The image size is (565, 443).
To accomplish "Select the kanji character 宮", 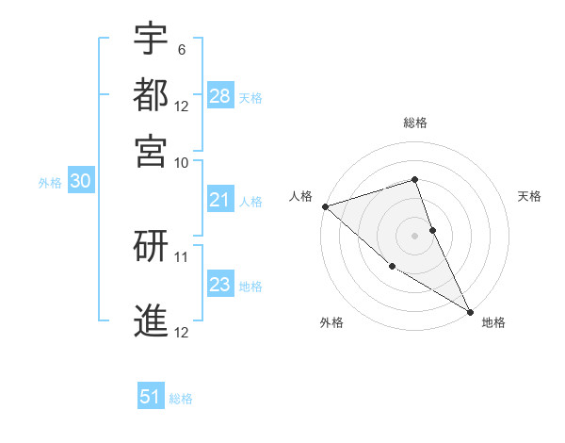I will coord(152,150).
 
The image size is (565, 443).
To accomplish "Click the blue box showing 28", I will coord(220,96).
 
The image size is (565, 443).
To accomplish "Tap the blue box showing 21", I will coord(220,201).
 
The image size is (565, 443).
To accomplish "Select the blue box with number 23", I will coord(220,286).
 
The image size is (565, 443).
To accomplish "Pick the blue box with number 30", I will coord(80,182).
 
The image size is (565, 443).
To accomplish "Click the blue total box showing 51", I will coord(151,397).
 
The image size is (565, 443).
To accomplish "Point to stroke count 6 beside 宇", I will coord(181,49).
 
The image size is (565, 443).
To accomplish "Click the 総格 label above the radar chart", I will coord(415,123).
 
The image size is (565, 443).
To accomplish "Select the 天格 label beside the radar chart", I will coord(529,196).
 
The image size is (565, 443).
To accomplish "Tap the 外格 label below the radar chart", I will coord(331,322).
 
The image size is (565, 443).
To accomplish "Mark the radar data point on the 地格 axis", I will coord(470,310).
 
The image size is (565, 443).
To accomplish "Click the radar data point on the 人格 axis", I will coord(325,206).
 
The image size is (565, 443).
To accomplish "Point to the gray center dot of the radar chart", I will coord(415,235).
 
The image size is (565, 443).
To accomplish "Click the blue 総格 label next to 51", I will coord(181,399).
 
